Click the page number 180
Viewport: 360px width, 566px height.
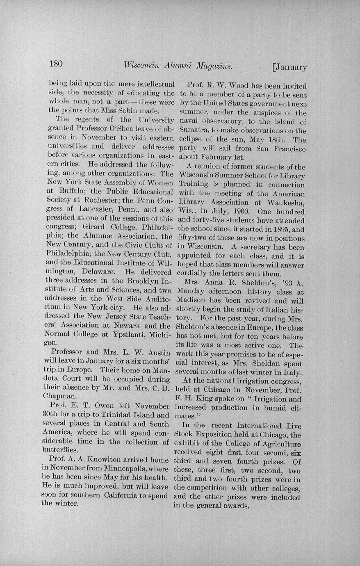[x=56, y=64]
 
